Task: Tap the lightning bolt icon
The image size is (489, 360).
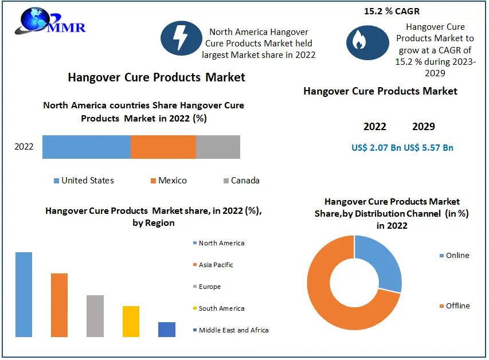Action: (180, 37)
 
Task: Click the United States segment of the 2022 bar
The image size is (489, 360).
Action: (86, 147)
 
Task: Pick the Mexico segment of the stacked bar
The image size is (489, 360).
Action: (163, 147)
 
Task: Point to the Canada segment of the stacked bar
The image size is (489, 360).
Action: (218, 147)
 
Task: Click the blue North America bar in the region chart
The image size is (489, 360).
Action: (24, 294)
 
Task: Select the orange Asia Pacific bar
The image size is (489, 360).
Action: (59, 305)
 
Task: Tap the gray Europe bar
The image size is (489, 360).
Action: (95, 316)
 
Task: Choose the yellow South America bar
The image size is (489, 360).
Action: (131, 321)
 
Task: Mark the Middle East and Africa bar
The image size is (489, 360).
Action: (167, 329)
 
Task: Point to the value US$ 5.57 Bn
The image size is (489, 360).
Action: (429, 148)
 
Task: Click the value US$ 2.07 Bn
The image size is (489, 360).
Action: (376, 148)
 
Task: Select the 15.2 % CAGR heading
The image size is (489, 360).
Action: (391, 11)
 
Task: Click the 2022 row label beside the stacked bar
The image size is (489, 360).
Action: (24, 147)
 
